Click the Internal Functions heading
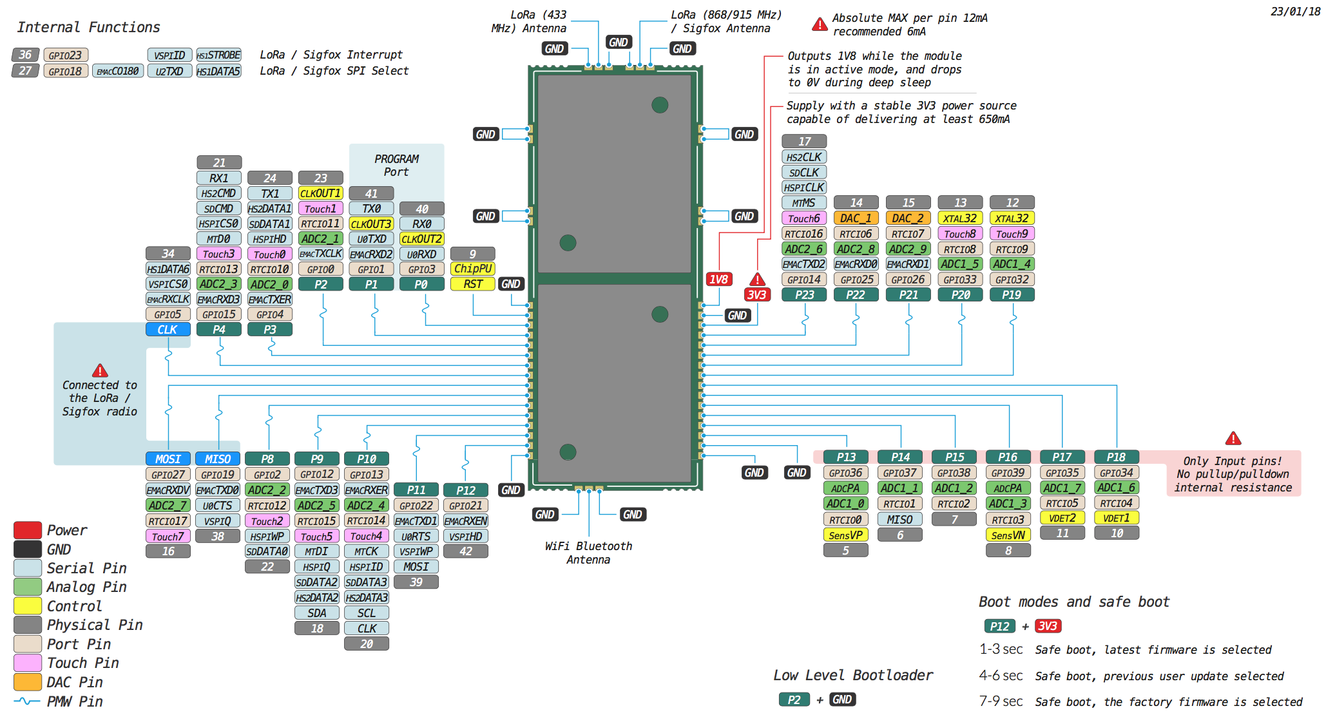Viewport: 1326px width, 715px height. pos(88,27)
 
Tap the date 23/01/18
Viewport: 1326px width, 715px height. pos(1295,12)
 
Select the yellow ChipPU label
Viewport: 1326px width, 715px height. pos(472,269)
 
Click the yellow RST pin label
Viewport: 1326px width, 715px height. pos(472,284)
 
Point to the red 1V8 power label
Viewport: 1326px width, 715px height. pos(718,279)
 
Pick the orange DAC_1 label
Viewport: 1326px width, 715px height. pos(856,218)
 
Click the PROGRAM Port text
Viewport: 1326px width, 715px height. pos(396,166)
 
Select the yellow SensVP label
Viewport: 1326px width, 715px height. pos(845,535)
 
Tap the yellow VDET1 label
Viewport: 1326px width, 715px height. pos(1116,518)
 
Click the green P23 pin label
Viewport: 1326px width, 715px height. pos(804,294)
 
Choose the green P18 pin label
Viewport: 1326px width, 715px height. pos(1116,457)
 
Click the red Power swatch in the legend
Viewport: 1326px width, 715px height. pos(28,530)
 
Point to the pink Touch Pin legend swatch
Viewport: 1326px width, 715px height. pos(28,663)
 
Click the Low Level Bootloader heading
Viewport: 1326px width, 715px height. pos(853,675)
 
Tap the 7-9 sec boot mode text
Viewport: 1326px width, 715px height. pos(1001,701)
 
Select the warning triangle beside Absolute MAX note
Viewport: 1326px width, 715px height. pos(820,24)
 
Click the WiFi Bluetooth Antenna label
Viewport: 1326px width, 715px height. pos(588,553)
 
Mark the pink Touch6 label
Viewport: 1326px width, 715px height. pos(804,218)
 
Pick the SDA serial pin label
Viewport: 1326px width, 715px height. pos(317,613)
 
